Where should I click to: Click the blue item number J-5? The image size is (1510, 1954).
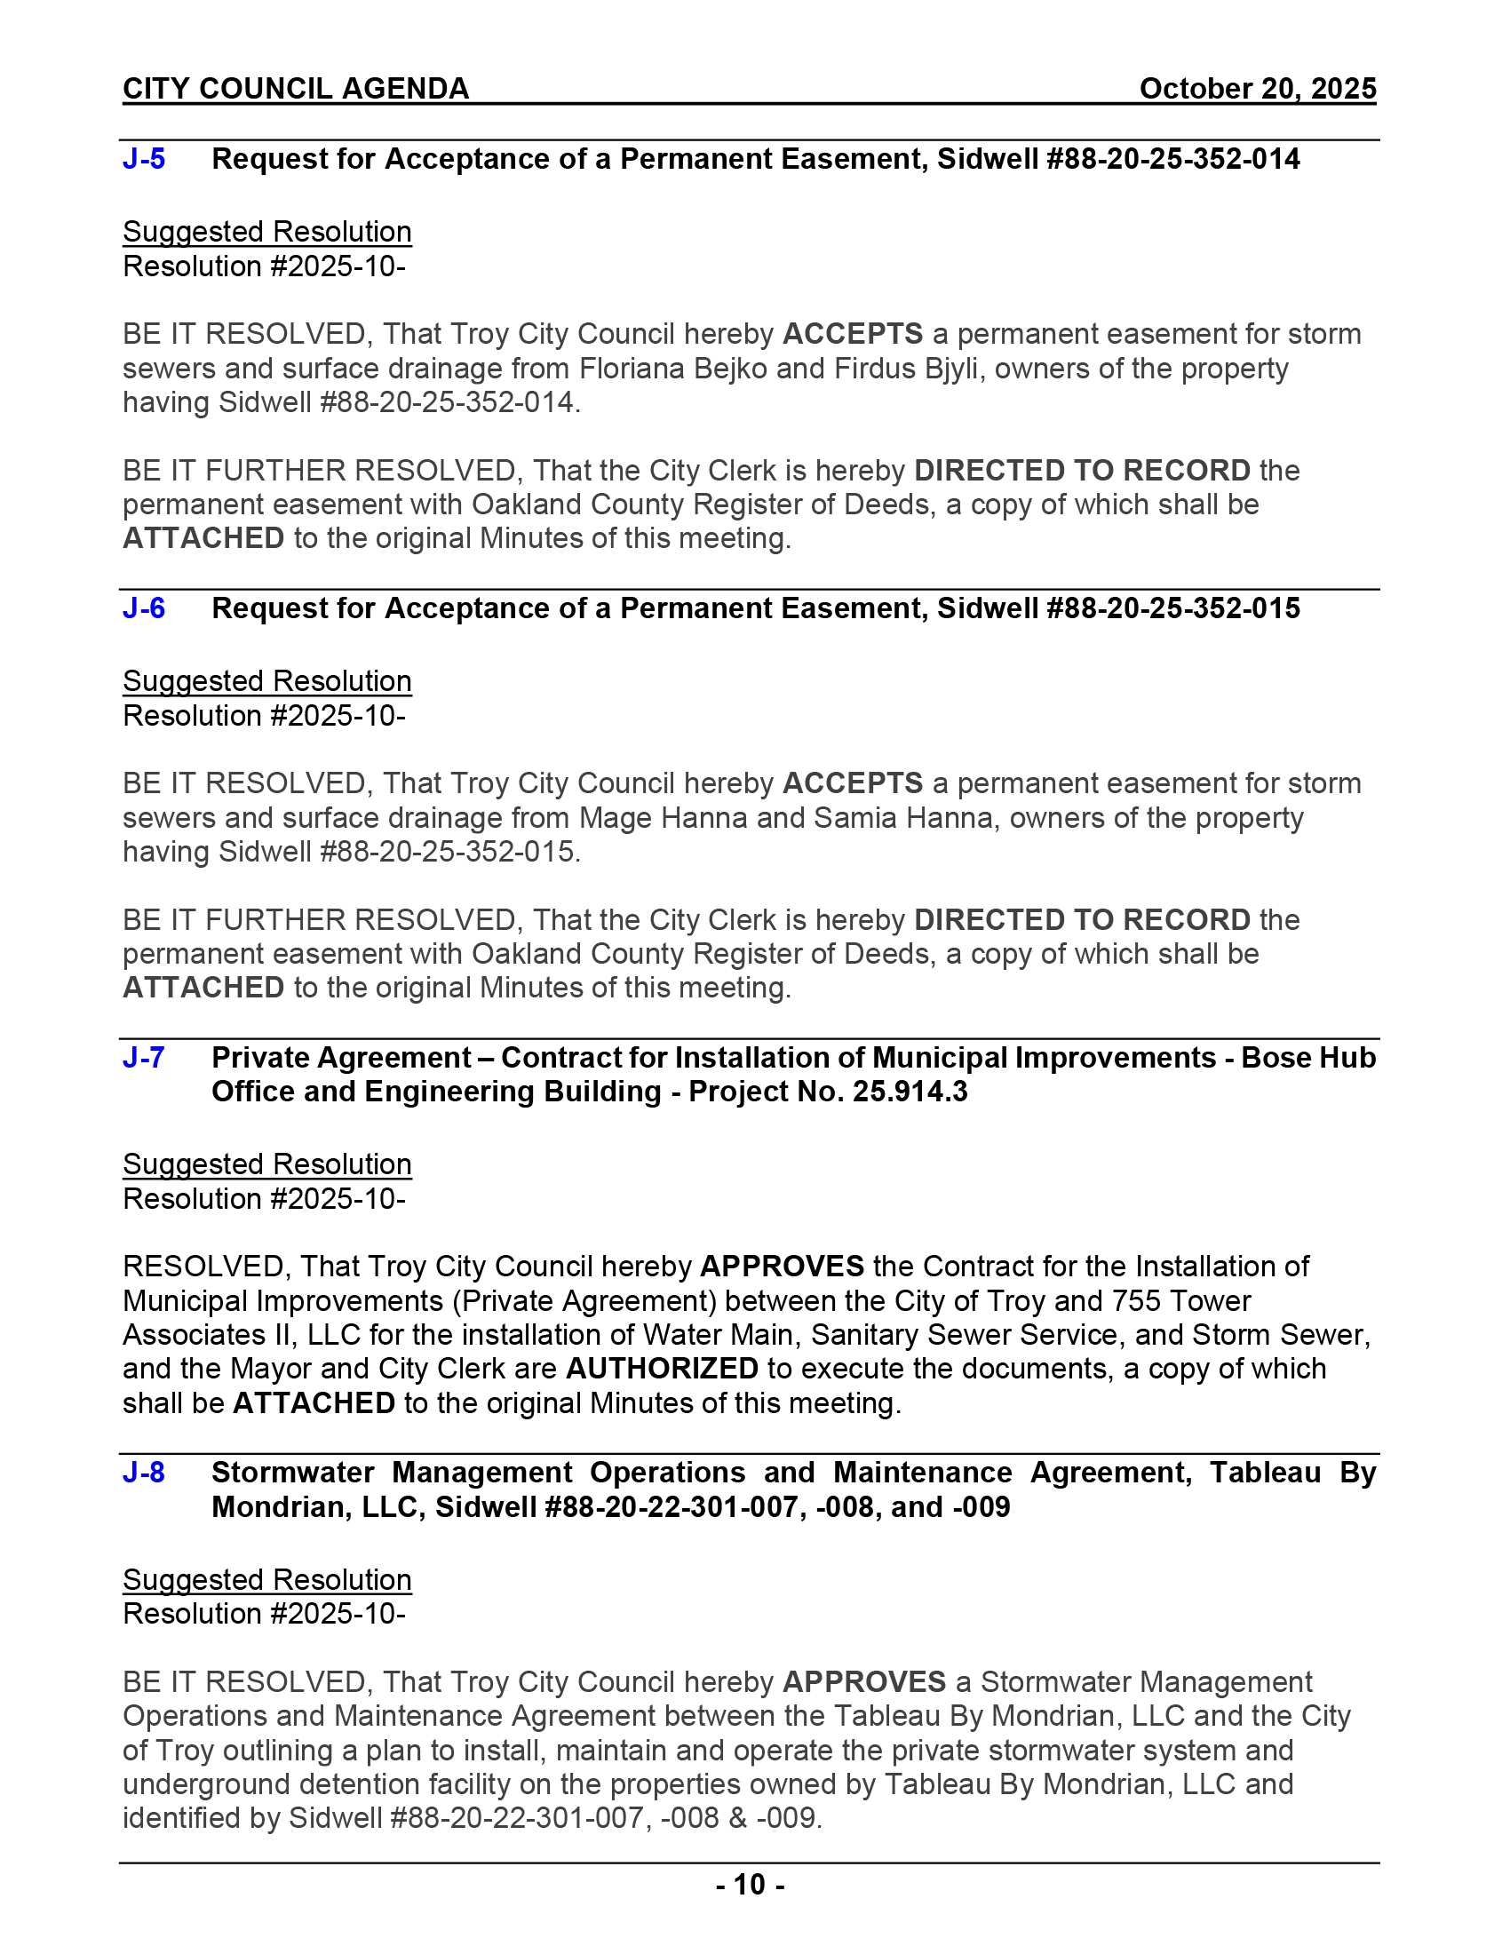point(144,159)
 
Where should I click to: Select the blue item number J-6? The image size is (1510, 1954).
point(144,608)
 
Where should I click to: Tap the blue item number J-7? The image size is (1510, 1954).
point(143,1058)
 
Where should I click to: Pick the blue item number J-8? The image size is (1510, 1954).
point(143,1473)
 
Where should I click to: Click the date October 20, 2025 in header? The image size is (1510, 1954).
point(1257,89)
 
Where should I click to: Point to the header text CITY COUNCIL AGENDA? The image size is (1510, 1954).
point(296,89)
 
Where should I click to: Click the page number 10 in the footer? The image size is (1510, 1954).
point(750,1885)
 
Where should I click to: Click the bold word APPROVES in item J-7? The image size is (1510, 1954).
point(782,1267)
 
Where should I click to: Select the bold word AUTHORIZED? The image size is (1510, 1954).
point(662,1369)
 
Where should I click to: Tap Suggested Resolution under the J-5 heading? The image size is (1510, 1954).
point(266,232)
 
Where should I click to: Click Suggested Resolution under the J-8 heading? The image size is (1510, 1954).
point(266,1579)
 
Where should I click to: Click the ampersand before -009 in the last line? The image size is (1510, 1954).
point(738,1818)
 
